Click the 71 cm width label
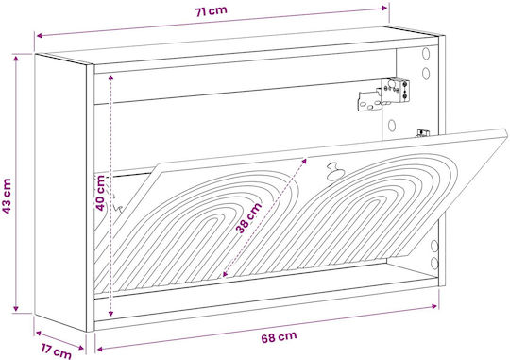[x=211, y=11]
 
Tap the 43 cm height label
[x=8, y=196]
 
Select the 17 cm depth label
[x=57, y=351]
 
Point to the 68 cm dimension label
[x=279, y=337]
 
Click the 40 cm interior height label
[x=100, y=193]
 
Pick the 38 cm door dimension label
[x=248, y=217]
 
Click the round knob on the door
[x=333, y=171]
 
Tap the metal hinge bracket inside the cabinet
[x=383, y=94]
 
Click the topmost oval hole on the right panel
[x=426, y=53]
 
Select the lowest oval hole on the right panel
[x=434, y=263]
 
